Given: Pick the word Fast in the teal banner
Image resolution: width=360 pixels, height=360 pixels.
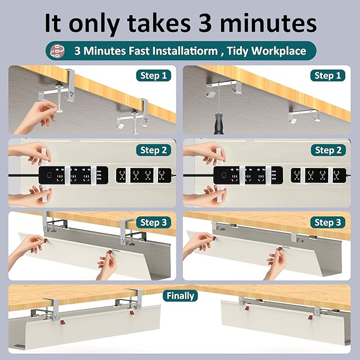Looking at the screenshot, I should coord(134,51).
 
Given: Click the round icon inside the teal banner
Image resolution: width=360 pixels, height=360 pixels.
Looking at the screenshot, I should coord(56,51).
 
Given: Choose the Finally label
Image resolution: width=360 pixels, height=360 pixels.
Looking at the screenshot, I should coord(180,296).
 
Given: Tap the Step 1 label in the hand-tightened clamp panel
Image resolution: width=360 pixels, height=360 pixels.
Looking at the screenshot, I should coord(154,76).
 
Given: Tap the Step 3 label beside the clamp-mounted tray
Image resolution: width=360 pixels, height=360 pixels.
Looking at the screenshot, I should coord(154,223).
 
